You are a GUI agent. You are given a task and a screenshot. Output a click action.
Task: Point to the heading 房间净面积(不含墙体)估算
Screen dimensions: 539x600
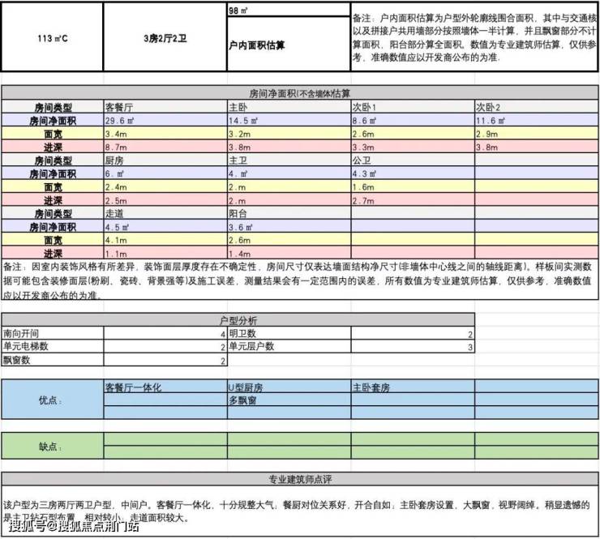pyautogui.click(x=300, y=94)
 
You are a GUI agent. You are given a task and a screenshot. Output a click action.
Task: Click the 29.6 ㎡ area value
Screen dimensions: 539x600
pyautogui.click(x=119, y=120)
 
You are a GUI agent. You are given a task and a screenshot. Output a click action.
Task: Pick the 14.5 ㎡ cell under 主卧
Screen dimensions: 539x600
pyautogui.click(x=243, y=120)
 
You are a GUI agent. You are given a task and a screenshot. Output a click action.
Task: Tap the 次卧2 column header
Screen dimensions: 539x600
pyautogui.click(x=488, y=107)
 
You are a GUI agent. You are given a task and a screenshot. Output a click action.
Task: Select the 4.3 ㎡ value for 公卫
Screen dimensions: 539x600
pyautogui.click(x=364, y=173)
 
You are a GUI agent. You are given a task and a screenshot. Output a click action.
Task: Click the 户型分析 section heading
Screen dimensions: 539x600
pyautogui.click(x=238, y=321)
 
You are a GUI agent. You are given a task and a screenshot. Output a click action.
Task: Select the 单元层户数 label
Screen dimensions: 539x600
pyautogui.click(x=251, y=346)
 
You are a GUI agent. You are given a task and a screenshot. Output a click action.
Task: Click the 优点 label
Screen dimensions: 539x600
pyautogui.click(x=50, y=400)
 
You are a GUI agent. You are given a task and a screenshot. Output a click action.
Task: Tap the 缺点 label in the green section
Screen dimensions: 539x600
pyautogui.click(x=50, y=447)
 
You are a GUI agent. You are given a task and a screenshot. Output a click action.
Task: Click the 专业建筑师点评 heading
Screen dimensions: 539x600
pyautogui.click(x=300, y=479)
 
